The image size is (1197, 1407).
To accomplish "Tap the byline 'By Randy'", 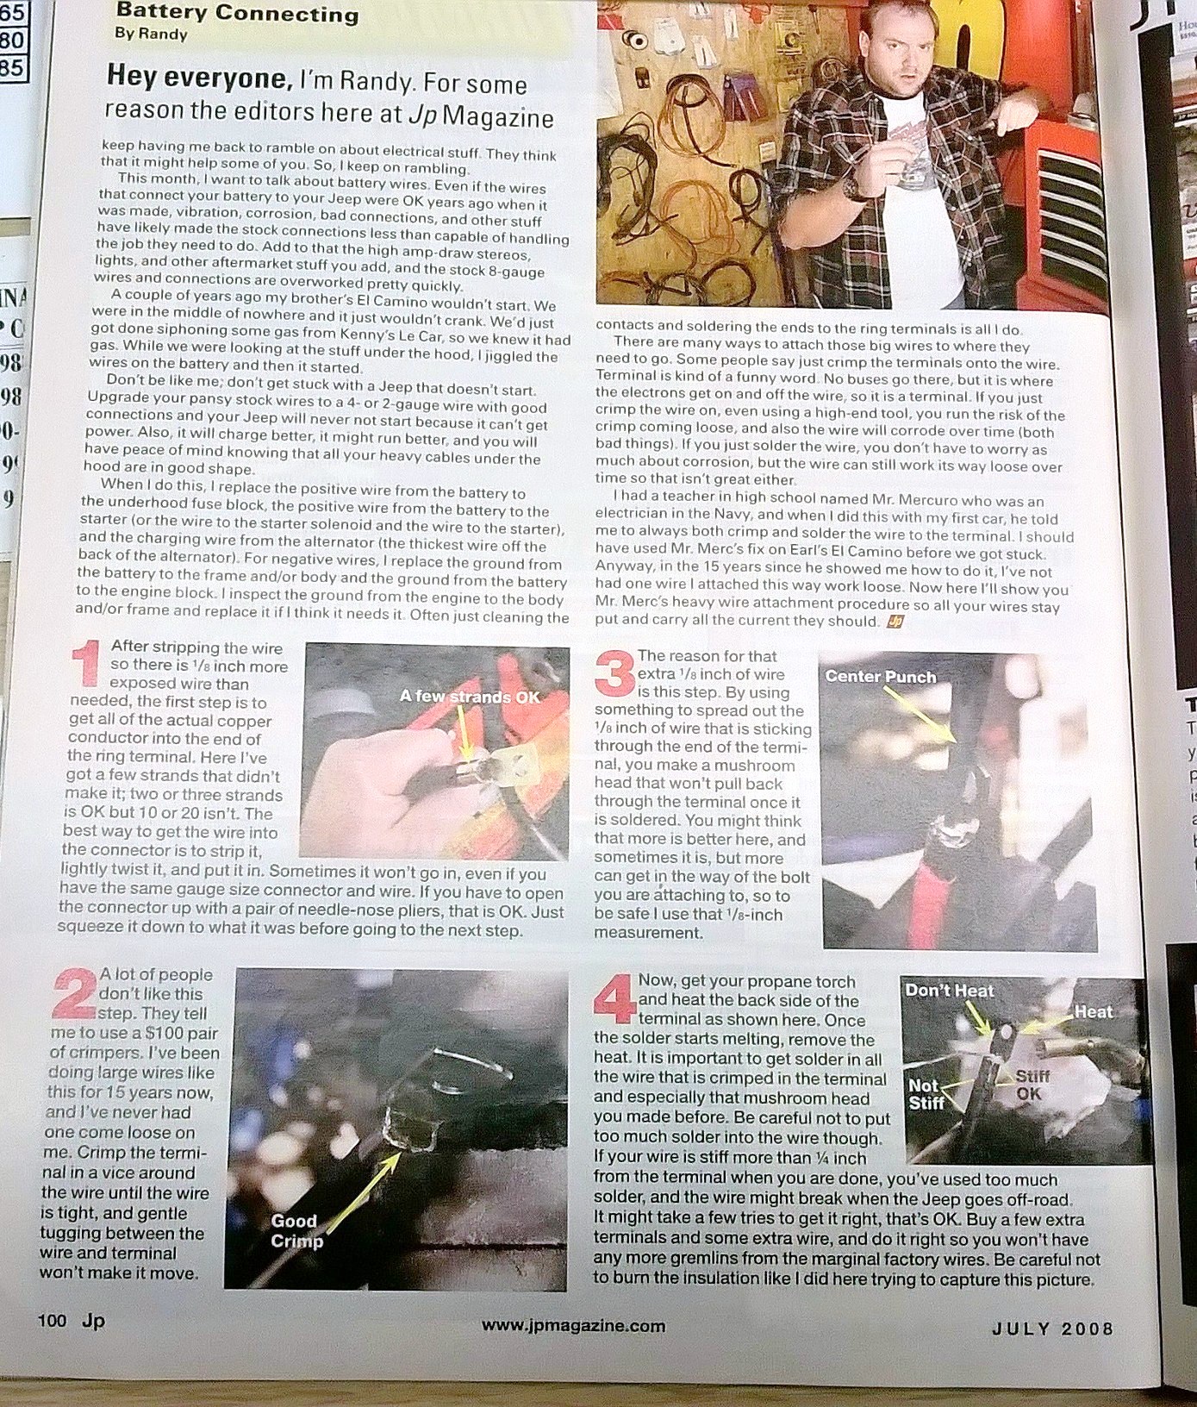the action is pos(151,34).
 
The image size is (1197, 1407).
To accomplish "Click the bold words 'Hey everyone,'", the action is pos(199,78).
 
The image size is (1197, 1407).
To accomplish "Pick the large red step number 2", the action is pos(77,996).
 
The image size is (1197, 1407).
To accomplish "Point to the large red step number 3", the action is pos(615,672).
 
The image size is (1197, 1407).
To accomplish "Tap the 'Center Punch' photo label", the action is pos(880,677).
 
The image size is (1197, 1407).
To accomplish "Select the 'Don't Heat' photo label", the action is pos(950,991).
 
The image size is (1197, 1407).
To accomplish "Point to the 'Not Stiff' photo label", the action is pos(926,1094).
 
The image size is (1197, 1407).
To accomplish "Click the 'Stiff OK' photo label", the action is pos(1032,1085).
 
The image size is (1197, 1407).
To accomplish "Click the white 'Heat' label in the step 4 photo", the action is pos(1094,1011).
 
